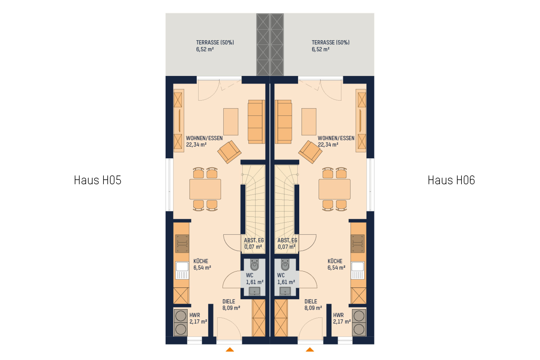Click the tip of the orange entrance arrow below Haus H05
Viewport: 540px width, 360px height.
[230, 348]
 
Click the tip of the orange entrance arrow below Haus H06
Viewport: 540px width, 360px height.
[310, 348]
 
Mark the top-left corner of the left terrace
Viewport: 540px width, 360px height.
[166, 13]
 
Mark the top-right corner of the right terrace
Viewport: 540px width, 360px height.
[374, 13]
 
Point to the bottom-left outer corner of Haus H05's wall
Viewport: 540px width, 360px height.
[166, 344]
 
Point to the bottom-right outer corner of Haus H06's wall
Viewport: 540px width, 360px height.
[374, 344]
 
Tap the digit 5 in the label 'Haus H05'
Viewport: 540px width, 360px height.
[118, 180]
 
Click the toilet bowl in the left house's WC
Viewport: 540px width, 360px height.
[254, 265]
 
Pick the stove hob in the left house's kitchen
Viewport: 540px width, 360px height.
[182, 244]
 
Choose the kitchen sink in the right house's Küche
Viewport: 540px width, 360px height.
[358, 270]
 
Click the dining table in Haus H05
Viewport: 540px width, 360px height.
[205, 189]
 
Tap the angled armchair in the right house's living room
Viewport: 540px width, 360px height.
[310, 152]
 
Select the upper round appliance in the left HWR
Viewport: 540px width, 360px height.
[181, 316]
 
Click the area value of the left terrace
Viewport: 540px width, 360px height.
[205, 49]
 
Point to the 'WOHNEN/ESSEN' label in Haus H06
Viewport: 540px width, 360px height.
[336, 138]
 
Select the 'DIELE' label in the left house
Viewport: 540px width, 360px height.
[229, 301]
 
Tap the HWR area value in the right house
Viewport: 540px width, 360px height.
[342, 321]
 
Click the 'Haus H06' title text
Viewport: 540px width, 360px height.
[451, 180]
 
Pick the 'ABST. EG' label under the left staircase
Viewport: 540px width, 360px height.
[254, 240]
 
